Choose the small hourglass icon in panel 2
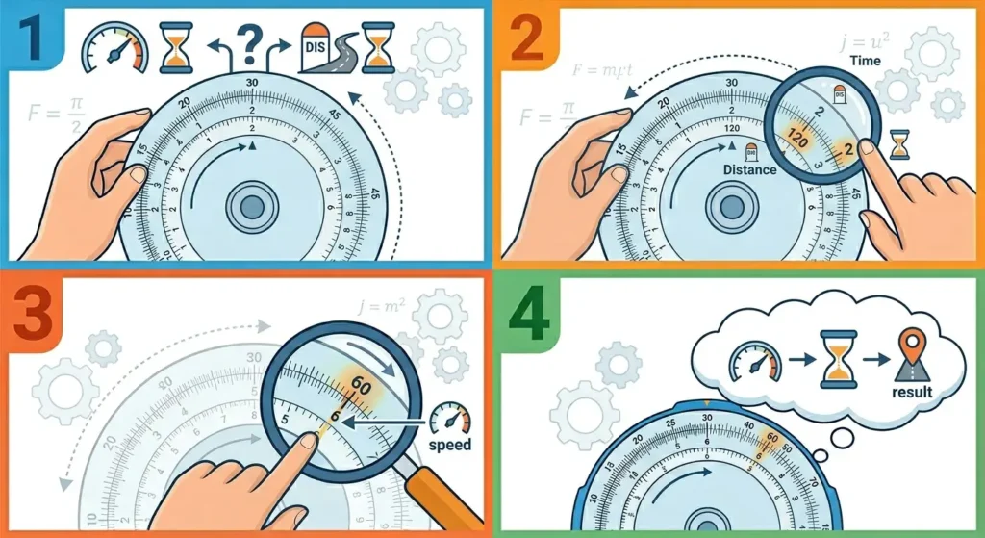899,144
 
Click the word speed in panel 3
449,445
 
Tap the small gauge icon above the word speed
449,419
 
